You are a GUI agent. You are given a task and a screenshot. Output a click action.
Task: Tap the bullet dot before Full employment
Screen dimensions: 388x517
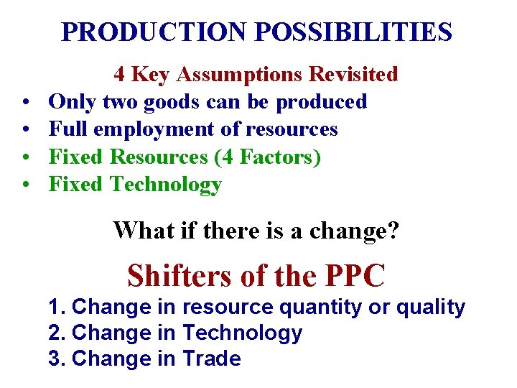point(24,130)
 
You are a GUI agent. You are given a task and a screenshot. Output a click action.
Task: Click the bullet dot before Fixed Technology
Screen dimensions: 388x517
point(24,185)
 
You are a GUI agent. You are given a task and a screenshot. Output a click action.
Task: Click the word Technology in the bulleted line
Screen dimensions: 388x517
point(166,185)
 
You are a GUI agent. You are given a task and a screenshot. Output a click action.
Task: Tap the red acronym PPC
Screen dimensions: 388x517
point(355,275)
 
